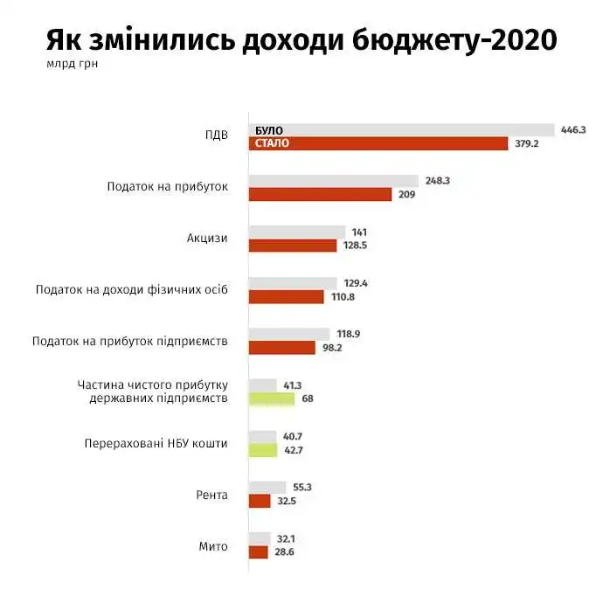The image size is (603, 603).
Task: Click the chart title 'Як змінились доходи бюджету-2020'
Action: [301, 40]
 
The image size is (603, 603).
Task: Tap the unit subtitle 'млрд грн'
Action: [73, 63]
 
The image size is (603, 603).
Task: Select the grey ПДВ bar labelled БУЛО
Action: [402, 130]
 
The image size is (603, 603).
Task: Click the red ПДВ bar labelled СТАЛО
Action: [378, 144]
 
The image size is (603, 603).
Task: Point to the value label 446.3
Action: [574, 129]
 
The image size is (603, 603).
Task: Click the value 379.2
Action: [527, 144]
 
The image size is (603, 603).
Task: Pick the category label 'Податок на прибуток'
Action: [167, 187]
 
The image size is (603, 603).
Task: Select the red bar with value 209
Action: [320, 195]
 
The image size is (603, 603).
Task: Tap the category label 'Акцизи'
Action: [207, 238]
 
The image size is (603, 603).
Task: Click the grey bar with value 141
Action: [297, 232]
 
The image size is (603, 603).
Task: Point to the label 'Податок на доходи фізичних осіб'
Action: [131, 289]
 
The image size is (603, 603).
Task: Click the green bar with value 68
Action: [272, 399]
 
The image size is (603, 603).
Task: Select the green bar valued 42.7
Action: [263, 450]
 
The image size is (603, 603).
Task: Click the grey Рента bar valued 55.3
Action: [267, 487]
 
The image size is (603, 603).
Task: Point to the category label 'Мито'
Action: [213, 546]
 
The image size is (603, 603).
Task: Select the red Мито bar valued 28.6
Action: [258, 552]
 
